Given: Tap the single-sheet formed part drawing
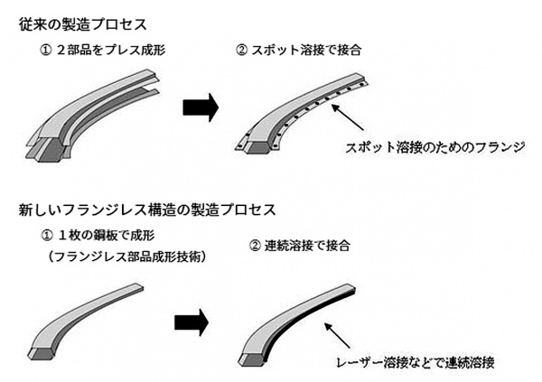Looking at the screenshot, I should tap(90, 316).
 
